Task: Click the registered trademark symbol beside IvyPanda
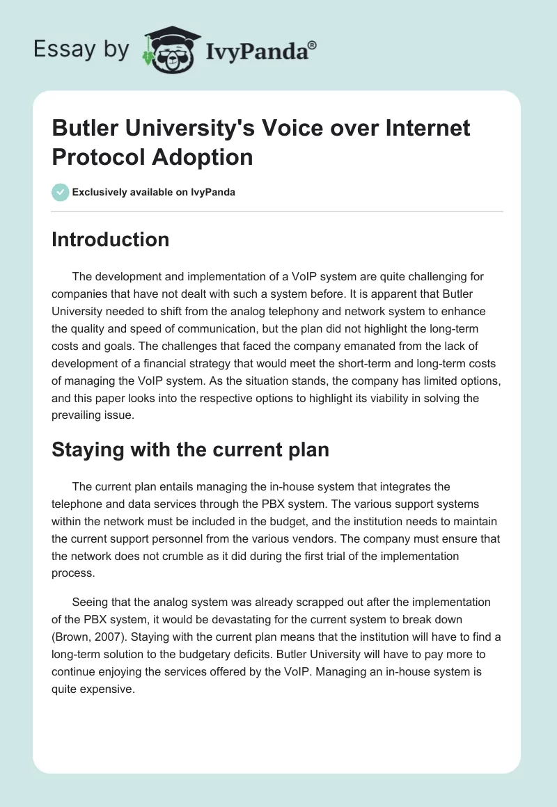click(x=312, y=47)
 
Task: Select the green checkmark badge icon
click(x=61, y=192)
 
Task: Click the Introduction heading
click(x=111, y=239)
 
